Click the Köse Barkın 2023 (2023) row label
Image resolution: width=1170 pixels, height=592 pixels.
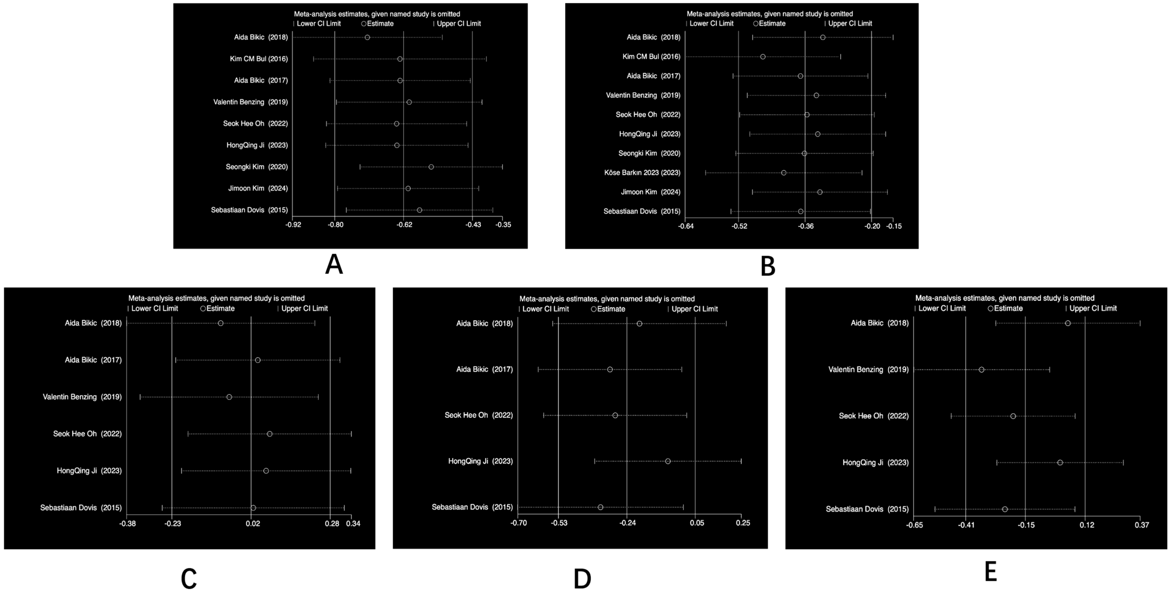[x=642, y=172]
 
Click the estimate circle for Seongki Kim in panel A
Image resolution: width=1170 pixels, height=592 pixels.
[x=431, y=167]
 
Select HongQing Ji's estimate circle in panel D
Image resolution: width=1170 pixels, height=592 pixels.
[x=668, y=461]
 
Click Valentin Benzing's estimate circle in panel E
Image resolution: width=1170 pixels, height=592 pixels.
[x=982, y=370]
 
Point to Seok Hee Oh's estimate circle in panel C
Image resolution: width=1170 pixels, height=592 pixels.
[x=269, y=434]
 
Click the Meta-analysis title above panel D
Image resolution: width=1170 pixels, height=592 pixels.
[x=607, y=299]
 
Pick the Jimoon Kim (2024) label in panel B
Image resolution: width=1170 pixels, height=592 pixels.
[x=650, y=192]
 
